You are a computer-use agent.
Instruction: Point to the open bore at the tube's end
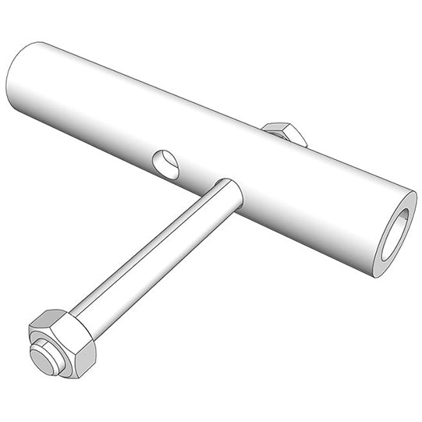point(395,233)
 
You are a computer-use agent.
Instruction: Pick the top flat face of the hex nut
point(59,318)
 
